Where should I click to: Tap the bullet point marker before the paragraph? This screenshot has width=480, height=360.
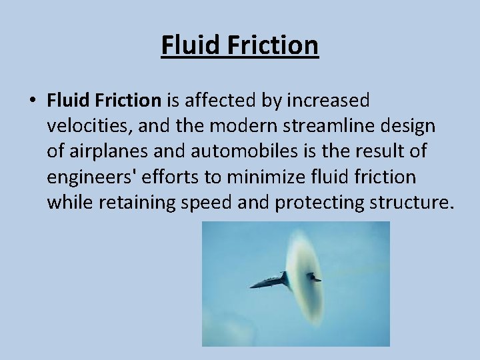(31, 101)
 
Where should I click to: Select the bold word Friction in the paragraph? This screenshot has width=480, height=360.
(129, 101)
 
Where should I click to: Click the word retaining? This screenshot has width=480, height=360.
(138, 202)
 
